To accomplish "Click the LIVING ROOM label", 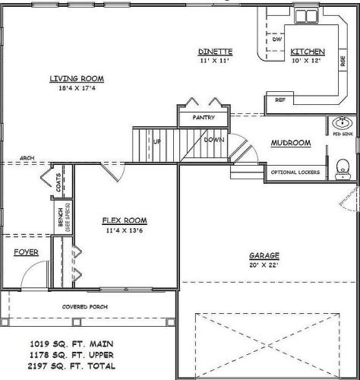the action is (77, 78).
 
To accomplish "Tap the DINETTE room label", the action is (215, 52).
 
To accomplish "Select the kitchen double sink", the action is (307, 16).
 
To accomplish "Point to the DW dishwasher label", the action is (277, 40).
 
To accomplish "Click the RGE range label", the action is (343, 61).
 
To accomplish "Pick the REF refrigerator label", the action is (280, 100).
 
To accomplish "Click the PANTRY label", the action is (204, 118).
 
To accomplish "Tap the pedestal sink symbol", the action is (343, 123).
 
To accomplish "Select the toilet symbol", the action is (343, 169).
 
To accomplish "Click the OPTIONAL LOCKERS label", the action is (295, 173).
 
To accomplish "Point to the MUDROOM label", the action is (291, 143).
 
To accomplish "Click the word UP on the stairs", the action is (156, 141).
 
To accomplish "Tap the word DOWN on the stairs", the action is (214, 140).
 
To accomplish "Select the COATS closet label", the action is (58, 182).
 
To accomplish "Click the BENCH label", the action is (61, 217).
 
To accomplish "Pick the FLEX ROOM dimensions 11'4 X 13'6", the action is (125, 230).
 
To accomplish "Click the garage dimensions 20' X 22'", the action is (264, 265).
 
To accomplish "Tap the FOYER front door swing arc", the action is (30, 267).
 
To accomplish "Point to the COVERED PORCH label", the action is (85, 307).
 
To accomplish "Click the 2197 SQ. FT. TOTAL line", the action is (71, 366).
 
